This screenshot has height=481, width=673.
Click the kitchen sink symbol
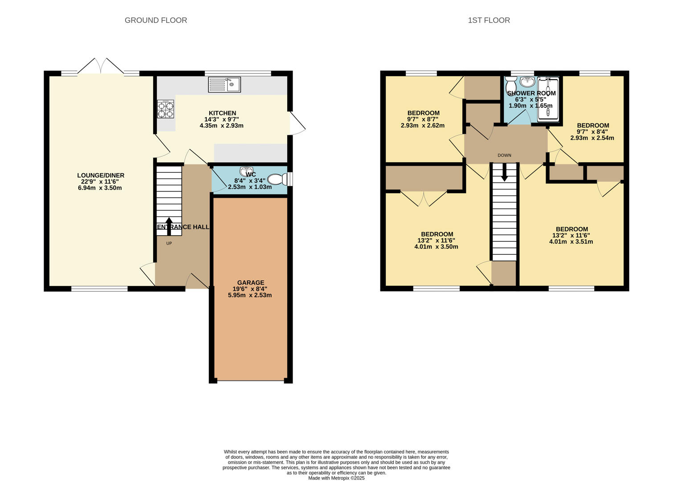pyautogui.click(x=224, y=85)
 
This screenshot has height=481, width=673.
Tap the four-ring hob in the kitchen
pyautogui.click(x=166, y=110)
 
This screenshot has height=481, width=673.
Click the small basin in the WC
pyautogui.click(x=246, y=171)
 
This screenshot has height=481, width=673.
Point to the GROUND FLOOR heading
pyautogui.click(x=155, y=20)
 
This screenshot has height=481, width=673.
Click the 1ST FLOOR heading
pyautogui.click(x=489, y=20)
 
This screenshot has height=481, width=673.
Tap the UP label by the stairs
pyautogui.click(x=169, y=243)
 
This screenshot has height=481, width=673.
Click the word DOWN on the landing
pyautogui.click(x=504, y=155)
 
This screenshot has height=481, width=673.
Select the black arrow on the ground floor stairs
pyautogui.click(x=169, y=226)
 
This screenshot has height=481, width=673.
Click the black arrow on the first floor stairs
pyautogui.click(x=505, y=172)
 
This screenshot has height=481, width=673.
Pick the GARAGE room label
pyautogui.click(x=251, y=283)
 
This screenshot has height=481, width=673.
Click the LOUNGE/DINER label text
pyautogui.click(x=101, y=175)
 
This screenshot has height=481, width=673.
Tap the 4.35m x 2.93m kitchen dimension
pyautogui.click(x=222, y=126)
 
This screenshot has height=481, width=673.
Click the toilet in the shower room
pyautogui.click(x=510, y=86)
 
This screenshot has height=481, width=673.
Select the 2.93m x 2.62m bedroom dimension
pyautogui.click(x=423, y=126)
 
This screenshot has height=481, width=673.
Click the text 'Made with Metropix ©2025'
pyautogui.click(x=337, y=478)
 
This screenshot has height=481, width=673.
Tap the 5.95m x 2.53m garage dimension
pyautogui.click(x=250, y=295)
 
